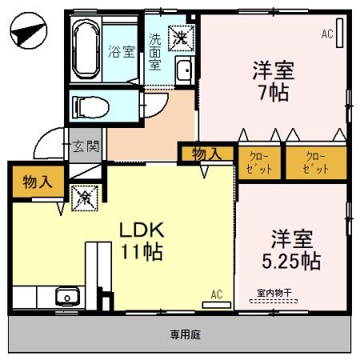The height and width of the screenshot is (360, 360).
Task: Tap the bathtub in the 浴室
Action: [x=86, y=50]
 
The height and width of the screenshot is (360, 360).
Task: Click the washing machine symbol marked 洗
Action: [x=182, y=37]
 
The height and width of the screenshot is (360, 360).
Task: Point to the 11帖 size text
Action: [x=142, y=253]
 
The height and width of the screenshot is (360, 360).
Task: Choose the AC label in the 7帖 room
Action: [x=326, y=34]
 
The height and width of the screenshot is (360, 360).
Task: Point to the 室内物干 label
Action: [x=274, y=294]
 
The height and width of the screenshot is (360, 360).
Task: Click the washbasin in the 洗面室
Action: [x=183, y=71]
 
